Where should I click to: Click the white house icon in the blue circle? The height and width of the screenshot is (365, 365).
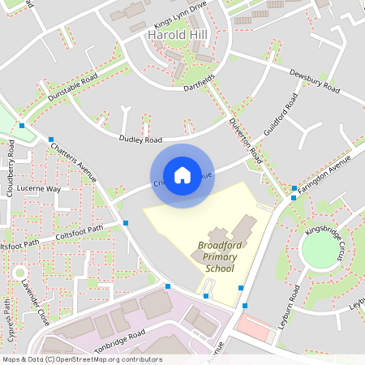tap(182, 175)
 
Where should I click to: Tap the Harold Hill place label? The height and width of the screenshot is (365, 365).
tap(178, 36)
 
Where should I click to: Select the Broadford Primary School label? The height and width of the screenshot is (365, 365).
tap(220, 257)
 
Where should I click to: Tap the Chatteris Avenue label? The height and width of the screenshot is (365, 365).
tap(74, 162)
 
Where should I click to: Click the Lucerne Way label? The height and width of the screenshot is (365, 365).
tap(40, 189)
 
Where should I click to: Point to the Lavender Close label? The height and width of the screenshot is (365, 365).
tap(36, 303)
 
